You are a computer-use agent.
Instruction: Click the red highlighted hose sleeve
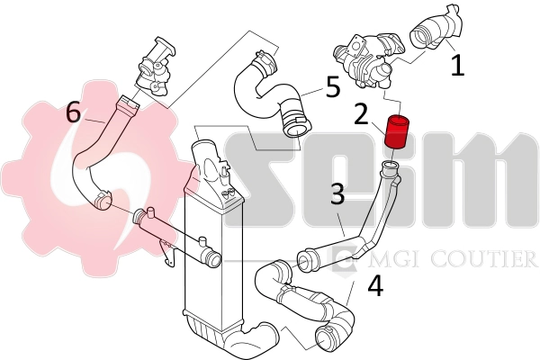point(395,132)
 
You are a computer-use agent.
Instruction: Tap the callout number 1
point(457,65)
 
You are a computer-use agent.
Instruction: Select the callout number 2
point(360,114)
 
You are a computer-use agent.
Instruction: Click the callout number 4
point(375,285)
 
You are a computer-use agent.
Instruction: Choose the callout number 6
point(73,112)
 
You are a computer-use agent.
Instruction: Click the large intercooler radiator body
point(209,261)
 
